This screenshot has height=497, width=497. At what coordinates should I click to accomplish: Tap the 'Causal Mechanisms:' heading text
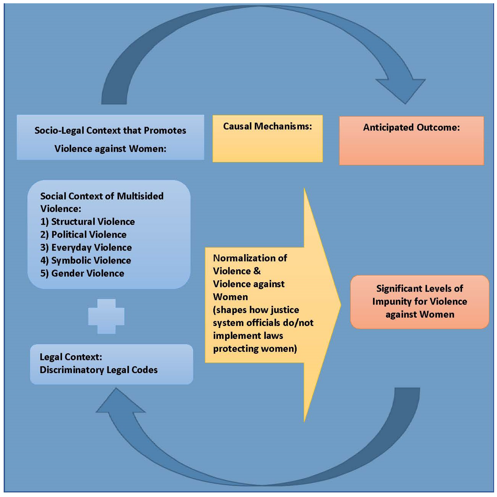tap(267, 126)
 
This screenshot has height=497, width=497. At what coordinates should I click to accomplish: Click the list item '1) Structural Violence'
tap(88, 222)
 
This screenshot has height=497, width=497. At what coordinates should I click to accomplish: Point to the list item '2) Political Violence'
tap(83, 234)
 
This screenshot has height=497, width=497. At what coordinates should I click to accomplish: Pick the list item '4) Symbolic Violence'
tap(86, 260)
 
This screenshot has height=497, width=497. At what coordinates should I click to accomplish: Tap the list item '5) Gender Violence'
tap(82, 273)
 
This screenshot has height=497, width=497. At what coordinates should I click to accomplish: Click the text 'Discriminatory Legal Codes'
tap(99, 370)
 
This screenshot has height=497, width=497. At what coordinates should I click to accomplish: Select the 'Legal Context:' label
tap(71, 357)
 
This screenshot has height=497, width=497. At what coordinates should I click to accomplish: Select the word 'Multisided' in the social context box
tap(140, 196)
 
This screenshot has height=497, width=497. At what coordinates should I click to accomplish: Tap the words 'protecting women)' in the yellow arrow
tap(255, 349)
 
